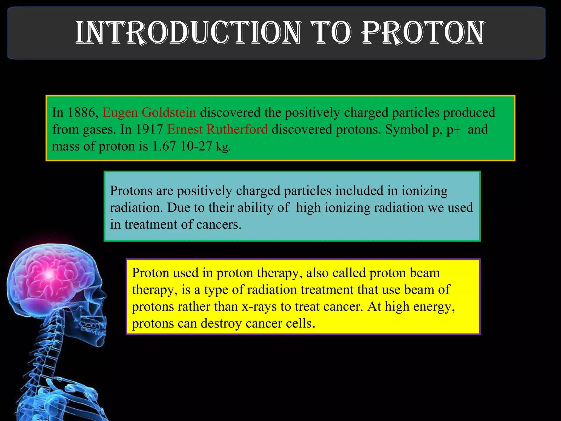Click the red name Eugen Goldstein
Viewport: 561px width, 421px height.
(149, 113)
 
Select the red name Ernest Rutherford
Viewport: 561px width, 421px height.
(217, 129)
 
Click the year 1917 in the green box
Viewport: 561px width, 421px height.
(149, 129)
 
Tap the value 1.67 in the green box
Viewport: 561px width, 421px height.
(164, 146)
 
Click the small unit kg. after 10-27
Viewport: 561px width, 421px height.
(223, 147)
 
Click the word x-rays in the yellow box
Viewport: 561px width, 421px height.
(259, 307)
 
